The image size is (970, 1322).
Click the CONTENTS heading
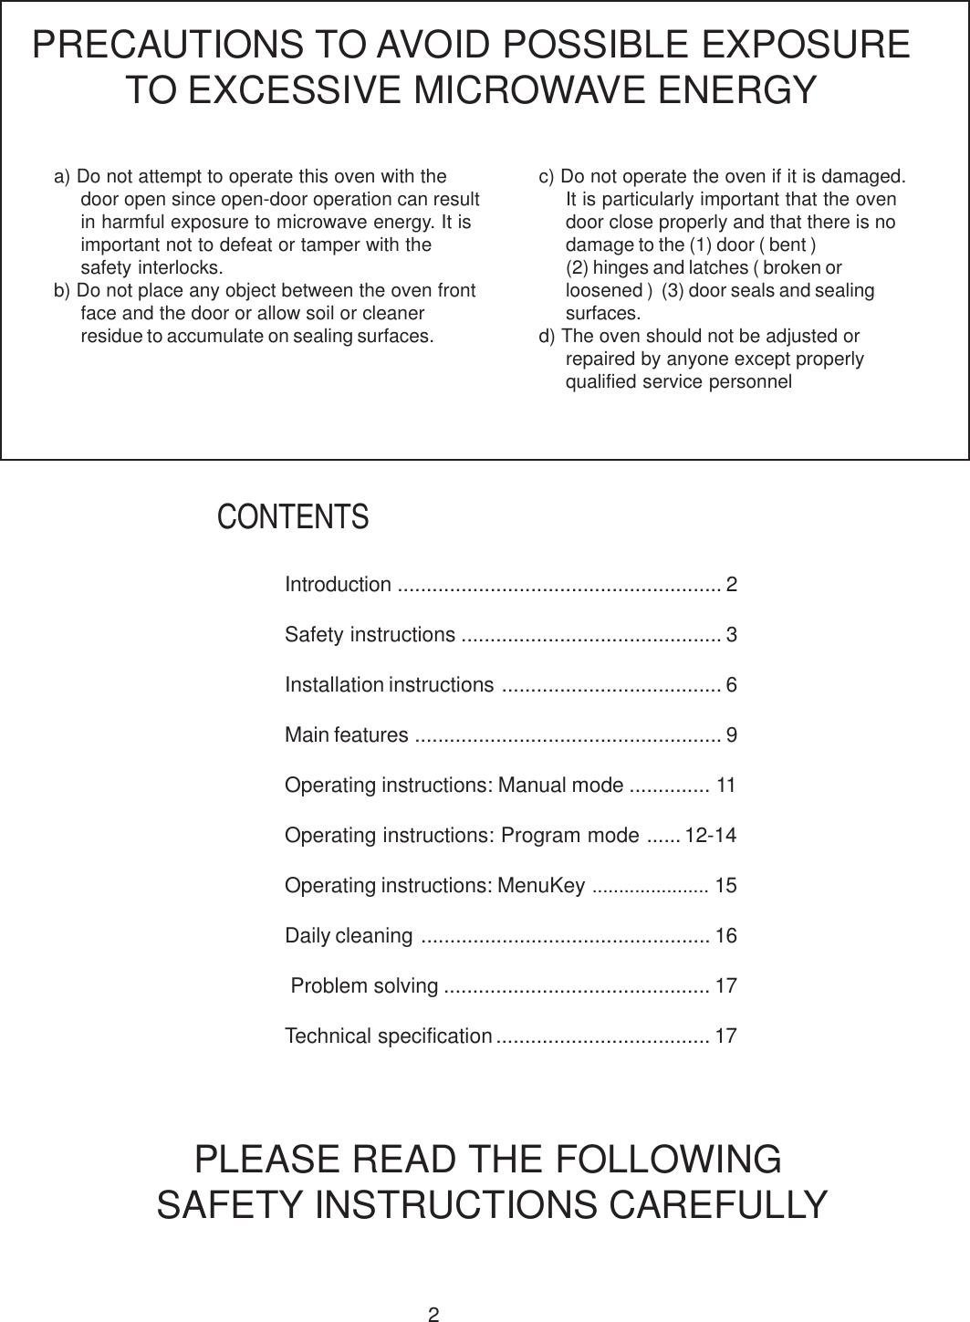pos(293,517)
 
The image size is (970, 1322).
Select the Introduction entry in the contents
pos(339,584)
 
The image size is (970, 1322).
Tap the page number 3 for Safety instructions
pos(732,634)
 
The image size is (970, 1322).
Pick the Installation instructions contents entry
pos(390,684)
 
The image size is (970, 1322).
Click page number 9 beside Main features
pos(732,734)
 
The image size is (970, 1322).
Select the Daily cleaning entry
pos(349,936)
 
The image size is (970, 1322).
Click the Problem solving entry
pos(365,986)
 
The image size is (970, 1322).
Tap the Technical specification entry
pos(389,1036)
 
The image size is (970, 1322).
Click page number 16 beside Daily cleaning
pos(726,936)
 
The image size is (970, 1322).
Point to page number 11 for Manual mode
pos(726,785)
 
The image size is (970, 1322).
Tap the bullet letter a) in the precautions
pos(63,176)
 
